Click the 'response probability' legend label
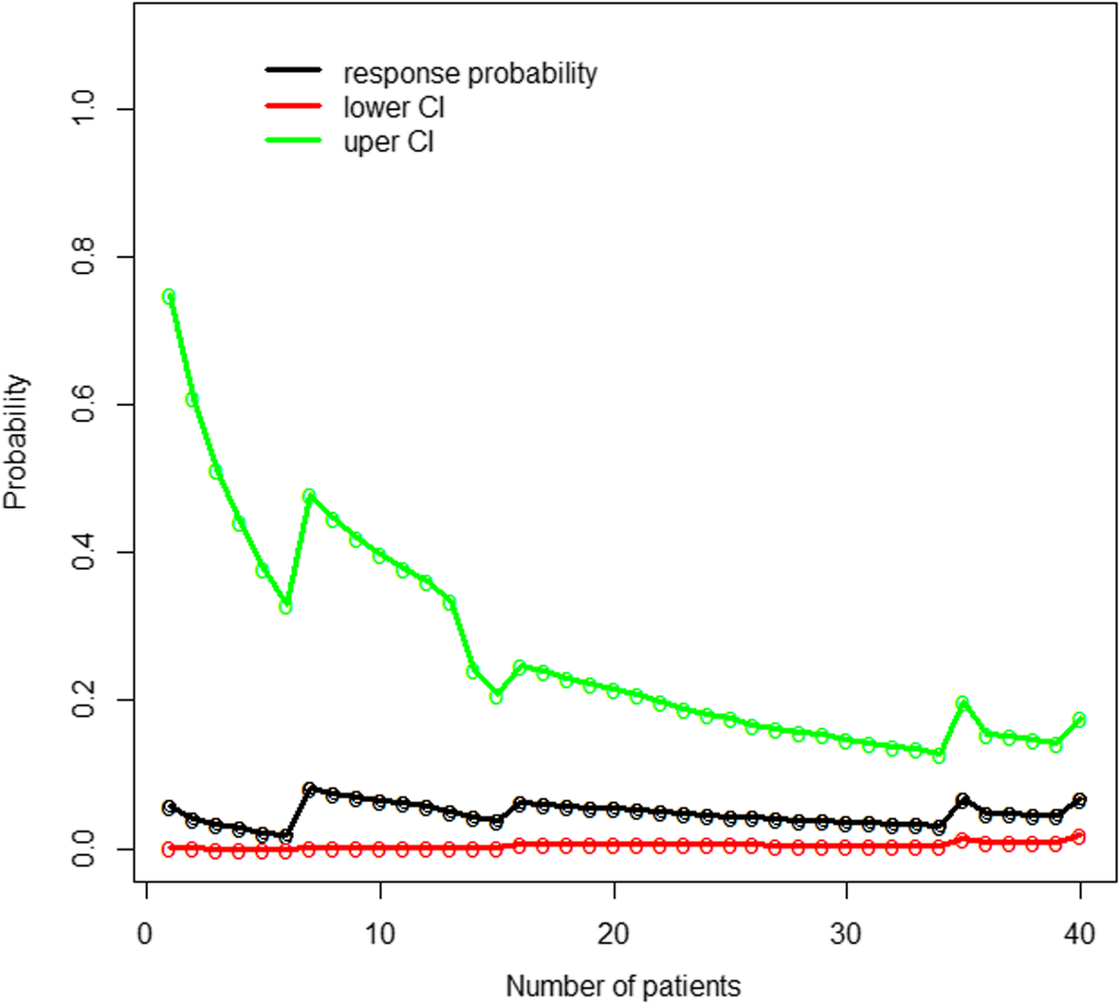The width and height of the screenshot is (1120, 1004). (x=469, y=73)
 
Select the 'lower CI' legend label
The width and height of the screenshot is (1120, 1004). (x=394, y=107)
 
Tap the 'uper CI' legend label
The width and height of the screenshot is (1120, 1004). (x=389, y=142)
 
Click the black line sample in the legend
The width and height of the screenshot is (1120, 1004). (x=293, y=71)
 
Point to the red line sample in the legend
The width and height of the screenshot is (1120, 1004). (x=293, y=106)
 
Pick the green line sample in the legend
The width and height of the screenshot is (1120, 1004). (x=293, y=141)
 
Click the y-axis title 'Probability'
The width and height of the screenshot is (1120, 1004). (x=16, y=442)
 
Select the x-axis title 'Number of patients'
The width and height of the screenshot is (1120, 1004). (x=623, y=985)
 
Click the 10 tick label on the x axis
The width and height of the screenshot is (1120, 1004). (x=379, y=934)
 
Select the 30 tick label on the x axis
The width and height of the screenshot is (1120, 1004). (x=846, y=934)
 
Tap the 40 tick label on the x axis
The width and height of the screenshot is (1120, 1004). (x=1080, y=934)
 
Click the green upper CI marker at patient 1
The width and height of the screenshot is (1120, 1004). (x=169, y=296)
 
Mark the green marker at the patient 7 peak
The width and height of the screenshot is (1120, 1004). (x=309, y=496)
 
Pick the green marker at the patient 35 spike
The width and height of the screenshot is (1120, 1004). (x=963, y=703)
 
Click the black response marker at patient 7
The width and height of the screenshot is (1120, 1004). (x=309, y=789)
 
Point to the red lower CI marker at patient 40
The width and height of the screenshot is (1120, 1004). (x=1079, y=836)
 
